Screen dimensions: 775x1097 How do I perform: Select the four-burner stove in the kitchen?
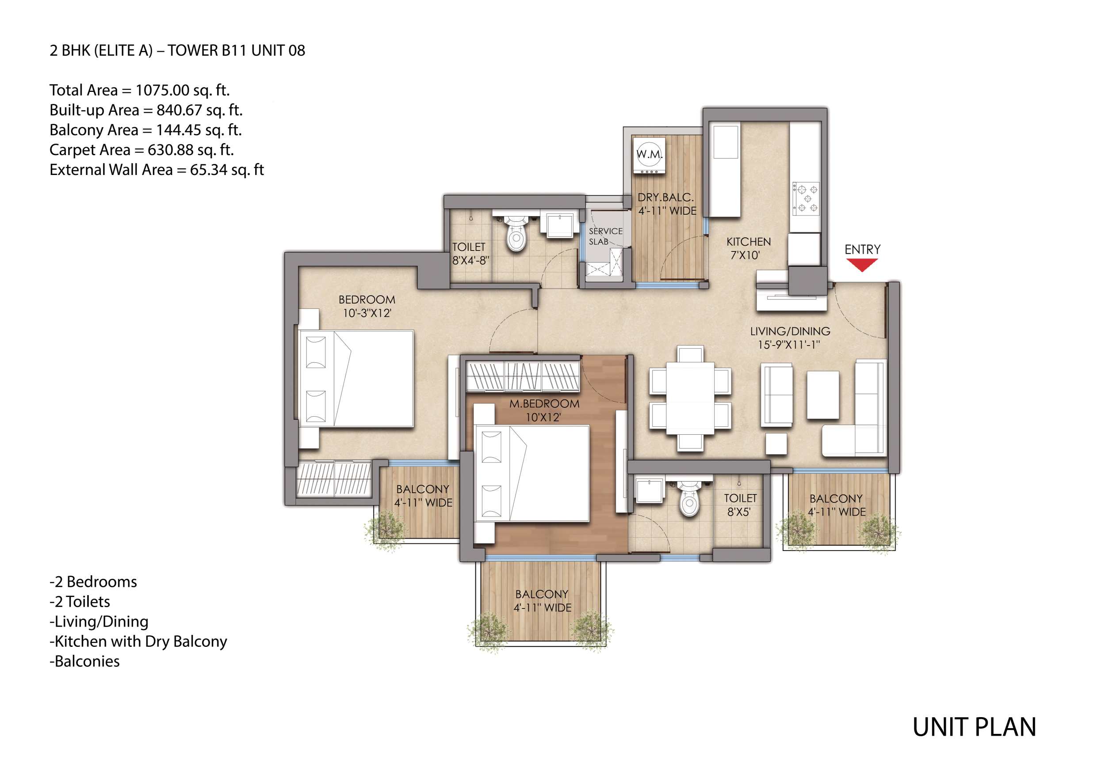(x=806, y=198)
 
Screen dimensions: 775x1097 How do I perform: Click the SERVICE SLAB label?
(x=605, y=236)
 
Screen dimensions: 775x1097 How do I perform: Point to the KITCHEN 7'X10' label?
(x=748, y=248)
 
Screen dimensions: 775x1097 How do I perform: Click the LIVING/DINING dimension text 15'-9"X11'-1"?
(x=789, y=345)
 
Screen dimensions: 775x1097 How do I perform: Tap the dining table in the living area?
(x=690, y=397)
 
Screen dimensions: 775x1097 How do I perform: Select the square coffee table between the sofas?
(x=823, y=395)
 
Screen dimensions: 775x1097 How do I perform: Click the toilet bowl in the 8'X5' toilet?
(x=689, y=502)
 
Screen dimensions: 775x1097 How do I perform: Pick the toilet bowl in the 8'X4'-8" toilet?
(x=516, y=237)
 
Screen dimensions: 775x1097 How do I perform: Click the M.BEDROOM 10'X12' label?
(x=544, y=410)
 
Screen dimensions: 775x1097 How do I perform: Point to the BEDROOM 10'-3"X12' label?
(x=367, y=306)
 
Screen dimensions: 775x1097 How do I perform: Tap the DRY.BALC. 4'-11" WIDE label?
(x=666, y=204)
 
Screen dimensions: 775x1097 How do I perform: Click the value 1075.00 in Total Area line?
(x=162, y=90)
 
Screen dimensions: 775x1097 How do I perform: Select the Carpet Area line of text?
(x=141, y=150)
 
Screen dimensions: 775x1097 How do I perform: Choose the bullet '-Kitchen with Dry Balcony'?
(x=138, y=641)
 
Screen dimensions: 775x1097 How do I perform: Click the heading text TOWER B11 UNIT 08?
(x=236, y=51)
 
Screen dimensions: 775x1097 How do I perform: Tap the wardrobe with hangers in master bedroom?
(x=523, y=376)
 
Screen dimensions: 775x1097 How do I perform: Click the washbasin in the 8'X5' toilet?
(x=650, y=491)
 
